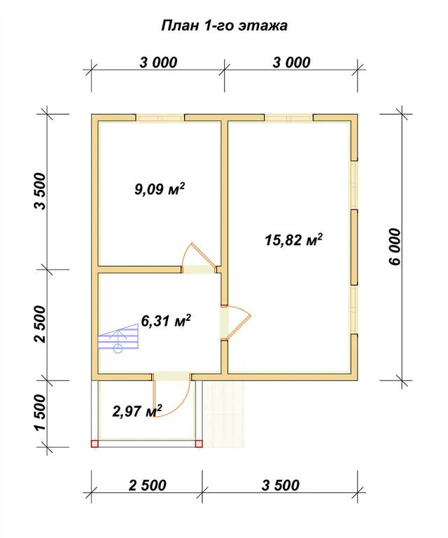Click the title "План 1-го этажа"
[x=224, y=26]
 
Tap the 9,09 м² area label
[x=160, y=188]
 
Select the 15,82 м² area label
[x=293, y=240]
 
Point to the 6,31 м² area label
[x=166, y=321]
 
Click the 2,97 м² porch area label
[x=137, y=411]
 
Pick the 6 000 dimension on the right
[x=395, y=247]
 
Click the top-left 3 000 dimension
[x=158, y=62]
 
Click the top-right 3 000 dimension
[x=291, y=62]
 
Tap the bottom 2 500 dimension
[x=148, y=485]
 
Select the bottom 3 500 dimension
[x=281, y=485]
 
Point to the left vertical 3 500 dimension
[x=40, y=191]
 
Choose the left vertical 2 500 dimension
[x=40, y=324]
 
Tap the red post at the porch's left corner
[x=94, y=444]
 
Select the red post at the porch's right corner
[x=199, y=444]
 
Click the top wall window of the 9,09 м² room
[x=160, y=118]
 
